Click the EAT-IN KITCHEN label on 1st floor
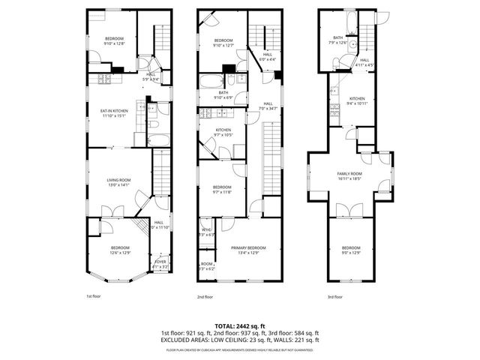click(x=115, y=111)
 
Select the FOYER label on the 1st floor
click(x=160, y=262)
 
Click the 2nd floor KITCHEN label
click(x=223, y=130)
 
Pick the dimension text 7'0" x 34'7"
click(x=268, y=109)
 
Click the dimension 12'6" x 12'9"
click(x=120, y=253)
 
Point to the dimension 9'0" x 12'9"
click(x=351, y=253)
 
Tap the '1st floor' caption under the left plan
click(x=93, y=296)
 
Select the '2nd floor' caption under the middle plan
click(x=205, y=296)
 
